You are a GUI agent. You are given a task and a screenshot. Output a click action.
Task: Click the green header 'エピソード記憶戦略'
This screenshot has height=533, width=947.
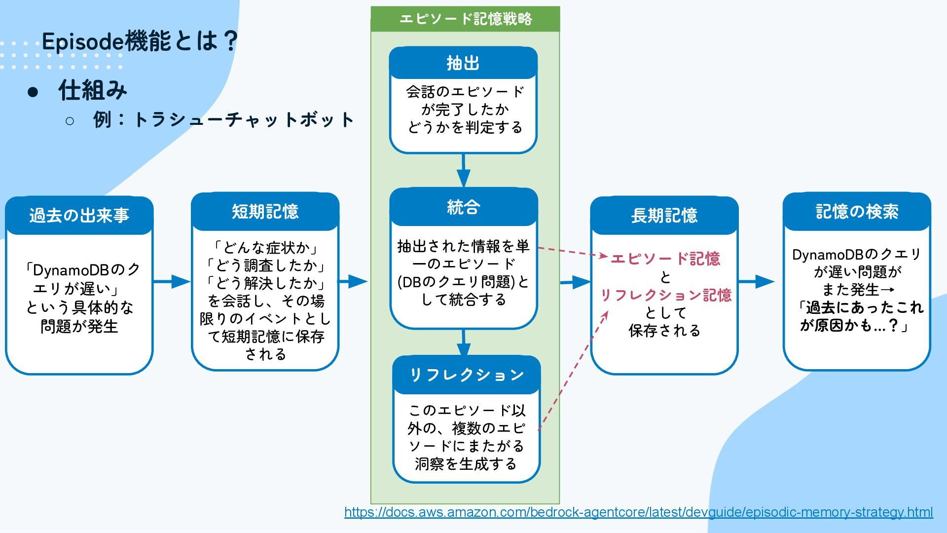tap(465, 19)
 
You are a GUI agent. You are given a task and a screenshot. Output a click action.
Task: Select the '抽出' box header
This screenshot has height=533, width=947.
tap(463, 63)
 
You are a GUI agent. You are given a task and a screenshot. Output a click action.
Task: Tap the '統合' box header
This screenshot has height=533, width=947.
tap(463, 207)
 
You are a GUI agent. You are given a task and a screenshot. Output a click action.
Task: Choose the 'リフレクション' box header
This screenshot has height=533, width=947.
tap(466, 375)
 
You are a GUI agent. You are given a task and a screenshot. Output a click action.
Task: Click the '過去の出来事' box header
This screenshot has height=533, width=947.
tap(79, 216)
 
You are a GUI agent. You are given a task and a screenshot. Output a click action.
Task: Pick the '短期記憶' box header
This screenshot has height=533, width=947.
tap(265, 212)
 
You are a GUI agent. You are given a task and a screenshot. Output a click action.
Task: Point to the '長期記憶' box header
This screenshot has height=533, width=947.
tap(664, 216)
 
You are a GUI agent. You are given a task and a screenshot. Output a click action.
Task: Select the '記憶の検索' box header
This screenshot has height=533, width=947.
tap(857, 212)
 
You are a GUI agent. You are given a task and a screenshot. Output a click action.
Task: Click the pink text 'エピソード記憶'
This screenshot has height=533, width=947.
tap(665, 259)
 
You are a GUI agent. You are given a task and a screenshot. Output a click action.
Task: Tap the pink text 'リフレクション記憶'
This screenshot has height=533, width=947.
tap(665, 295)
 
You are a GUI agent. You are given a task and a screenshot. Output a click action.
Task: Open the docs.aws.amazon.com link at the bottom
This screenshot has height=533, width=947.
tap(638, 512)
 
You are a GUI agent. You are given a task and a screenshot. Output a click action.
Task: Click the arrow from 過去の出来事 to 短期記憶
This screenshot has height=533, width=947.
tap(172, 282)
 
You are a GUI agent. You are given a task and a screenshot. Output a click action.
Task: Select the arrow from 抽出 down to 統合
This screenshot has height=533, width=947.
tap(463, 170)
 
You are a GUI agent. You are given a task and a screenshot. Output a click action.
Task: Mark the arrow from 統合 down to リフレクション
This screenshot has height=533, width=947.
tap(463, 343)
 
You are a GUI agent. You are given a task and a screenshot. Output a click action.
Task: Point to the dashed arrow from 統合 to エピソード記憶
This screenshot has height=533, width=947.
tap(572, 252)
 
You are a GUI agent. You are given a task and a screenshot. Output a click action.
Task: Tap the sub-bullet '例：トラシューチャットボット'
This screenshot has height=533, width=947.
tap(223, 120)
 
